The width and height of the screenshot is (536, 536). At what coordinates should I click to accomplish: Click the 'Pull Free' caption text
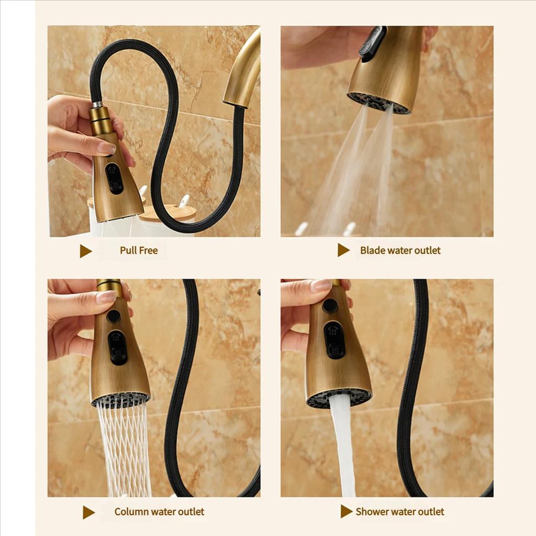(x=138, y=251)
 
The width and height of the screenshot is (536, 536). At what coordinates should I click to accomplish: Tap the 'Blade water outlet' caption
(x=400, y=251)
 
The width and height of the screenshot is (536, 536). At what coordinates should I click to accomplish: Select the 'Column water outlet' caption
(x=159, y=512)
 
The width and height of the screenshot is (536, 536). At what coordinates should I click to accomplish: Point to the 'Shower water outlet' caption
(x=400, y=512)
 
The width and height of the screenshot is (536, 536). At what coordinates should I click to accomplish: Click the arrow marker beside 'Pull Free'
(x=85, y=251)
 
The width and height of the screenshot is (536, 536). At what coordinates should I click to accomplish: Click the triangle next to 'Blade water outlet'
(x=343, y=250)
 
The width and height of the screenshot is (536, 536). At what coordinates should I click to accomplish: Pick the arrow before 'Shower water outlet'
(x=346, y=511)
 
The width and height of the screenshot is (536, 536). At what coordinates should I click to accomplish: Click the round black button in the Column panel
(x=114, y=316)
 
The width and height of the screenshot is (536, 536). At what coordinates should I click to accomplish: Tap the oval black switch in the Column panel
(x=117, y=347)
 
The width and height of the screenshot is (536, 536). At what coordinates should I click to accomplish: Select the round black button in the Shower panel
(x=330, y=306)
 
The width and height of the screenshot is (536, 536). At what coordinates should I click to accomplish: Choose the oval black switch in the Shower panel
(x=334, y=339)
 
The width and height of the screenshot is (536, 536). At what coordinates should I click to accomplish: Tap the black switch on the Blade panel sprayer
(x=372, y=43)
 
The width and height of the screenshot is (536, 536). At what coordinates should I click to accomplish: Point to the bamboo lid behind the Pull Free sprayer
(x=167, y=213)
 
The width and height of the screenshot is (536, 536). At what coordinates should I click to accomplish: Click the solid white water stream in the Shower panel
(x=343, y=445)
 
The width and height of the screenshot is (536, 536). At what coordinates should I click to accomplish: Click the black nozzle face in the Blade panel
(x=378, y=103)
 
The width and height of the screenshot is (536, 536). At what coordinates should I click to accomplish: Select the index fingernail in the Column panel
(x=106, y=297)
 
